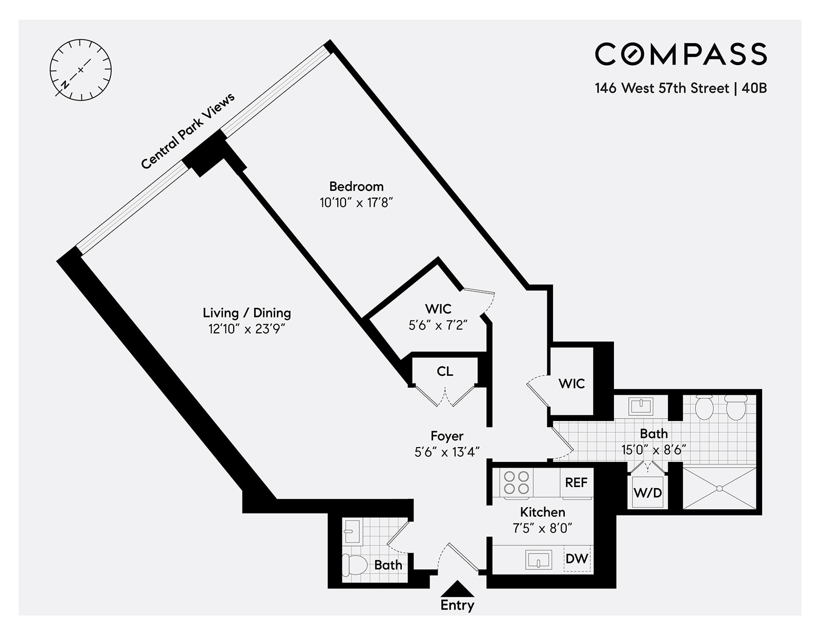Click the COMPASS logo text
681,54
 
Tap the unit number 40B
754,88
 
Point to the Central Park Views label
188,131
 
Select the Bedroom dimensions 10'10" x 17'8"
356,203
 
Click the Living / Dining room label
247,312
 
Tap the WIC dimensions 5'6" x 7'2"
438,325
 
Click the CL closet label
445,371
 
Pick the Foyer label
447,436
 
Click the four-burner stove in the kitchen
516,482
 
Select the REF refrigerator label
576,482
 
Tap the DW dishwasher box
577,558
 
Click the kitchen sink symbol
539,560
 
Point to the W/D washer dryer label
648,493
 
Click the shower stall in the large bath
720,488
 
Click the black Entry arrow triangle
457,588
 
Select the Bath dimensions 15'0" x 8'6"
653,450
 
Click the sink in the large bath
641,407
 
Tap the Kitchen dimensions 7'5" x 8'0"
542,528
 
